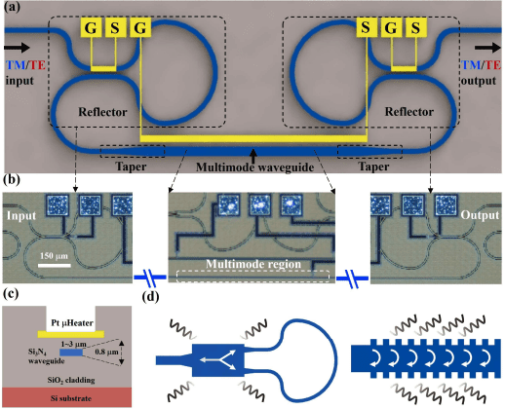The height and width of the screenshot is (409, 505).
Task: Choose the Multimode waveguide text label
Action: pos(252,167)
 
